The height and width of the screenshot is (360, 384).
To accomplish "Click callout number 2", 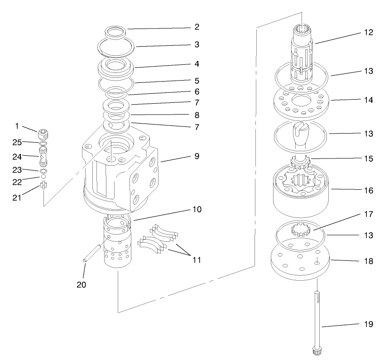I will (197, 27).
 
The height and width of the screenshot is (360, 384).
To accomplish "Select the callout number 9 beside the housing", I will (197, 156).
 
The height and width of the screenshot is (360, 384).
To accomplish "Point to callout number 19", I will (368, 324).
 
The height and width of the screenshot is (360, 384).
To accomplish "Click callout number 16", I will (368, 191).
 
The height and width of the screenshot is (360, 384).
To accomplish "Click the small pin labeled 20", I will (93, 253).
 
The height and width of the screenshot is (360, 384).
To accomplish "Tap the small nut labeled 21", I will (43, 185).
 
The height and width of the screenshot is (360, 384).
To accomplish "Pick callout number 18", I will (368, 262).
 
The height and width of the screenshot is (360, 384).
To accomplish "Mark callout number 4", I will (197, 64).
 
